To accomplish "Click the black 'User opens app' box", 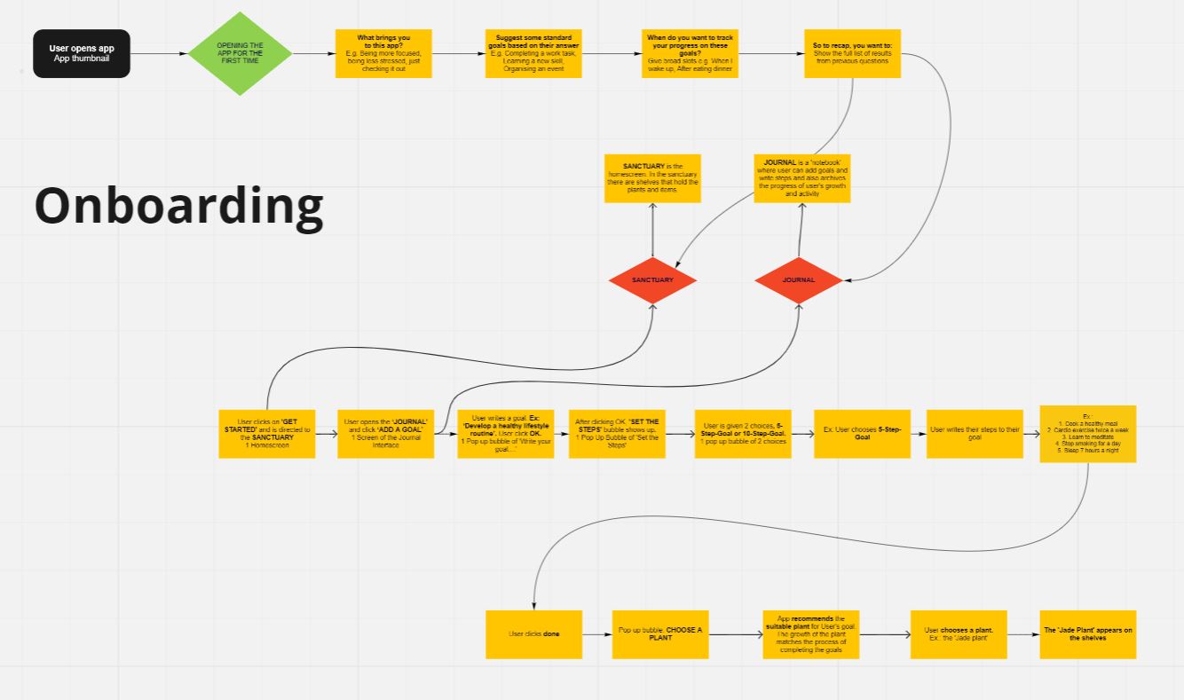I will tap(82, 53).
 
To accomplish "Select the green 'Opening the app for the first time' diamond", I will tap(240, 53).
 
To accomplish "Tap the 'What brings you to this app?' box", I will tap(383, 53).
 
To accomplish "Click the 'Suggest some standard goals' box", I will tap(533, 53).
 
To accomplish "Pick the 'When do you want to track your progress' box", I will tap(691, 53).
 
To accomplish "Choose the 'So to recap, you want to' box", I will tap(853, 53).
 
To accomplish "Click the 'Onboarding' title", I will tap(178, 205).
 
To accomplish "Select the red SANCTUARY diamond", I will tap(652, 280).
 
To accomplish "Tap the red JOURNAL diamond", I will tap(798, 280).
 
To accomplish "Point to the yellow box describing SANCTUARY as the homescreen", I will tap(652, 178).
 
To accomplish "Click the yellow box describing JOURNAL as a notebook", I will tap(802, 178).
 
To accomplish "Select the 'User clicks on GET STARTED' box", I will tap(266, 434).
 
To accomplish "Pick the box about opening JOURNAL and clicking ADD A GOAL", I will tap(385, 434).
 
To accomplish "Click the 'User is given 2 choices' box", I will tap(743, 434).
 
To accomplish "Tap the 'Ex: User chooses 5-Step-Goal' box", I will tap(862, 434).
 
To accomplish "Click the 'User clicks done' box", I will tap(533, 634).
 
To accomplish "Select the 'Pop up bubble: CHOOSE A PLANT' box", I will tap(660, 634).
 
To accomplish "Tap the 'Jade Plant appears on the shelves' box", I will tap(1087, 634).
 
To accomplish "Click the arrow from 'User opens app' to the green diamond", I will tap(160, 53).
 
